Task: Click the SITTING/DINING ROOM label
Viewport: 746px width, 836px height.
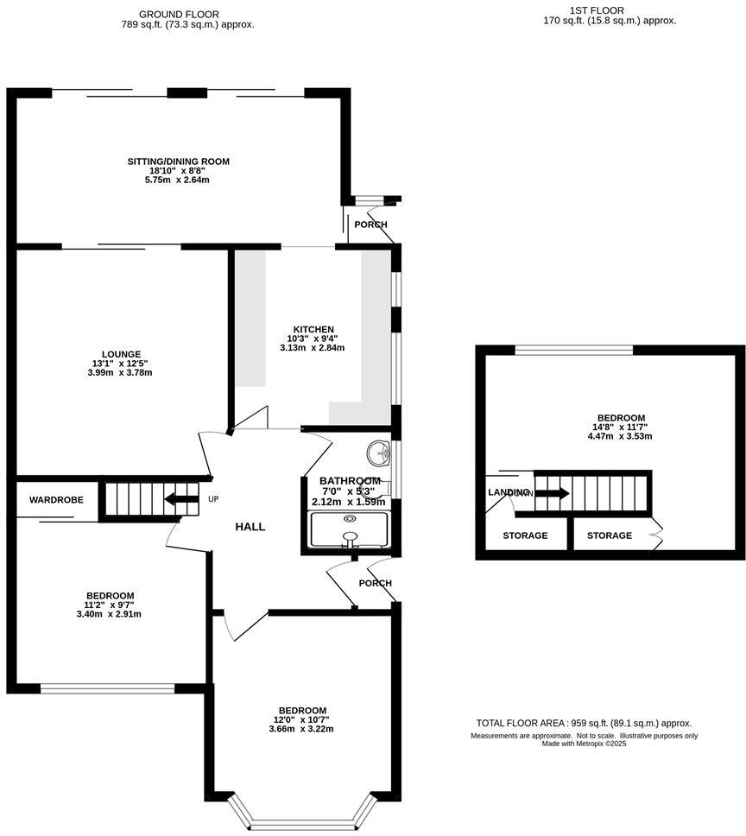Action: point(179,161)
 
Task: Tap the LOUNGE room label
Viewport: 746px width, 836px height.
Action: point(115,354)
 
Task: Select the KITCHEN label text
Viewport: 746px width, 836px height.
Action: point(313,330)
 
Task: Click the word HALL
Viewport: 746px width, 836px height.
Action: point(250,527)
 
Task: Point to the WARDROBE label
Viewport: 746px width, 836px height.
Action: point(56,500)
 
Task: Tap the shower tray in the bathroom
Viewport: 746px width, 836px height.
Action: point(350,532)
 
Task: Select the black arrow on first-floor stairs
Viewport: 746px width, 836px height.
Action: point(552,493)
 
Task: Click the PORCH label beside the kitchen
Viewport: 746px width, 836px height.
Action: point(370,225)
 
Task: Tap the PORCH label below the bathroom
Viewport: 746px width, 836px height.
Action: point(376,583)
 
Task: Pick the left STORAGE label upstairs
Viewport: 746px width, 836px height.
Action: point(525,535)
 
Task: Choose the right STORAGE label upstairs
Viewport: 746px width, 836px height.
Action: point(610,535)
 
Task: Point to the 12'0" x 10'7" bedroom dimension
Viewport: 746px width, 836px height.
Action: point(302,719)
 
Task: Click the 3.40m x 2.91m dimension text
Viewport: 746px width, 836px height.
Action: point(110,615)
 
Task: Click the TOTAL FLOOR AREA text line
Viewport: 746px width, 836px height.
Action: point(584,724)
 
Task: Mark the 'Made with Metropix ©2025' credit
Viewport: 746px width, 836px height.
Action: point(584,744)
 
